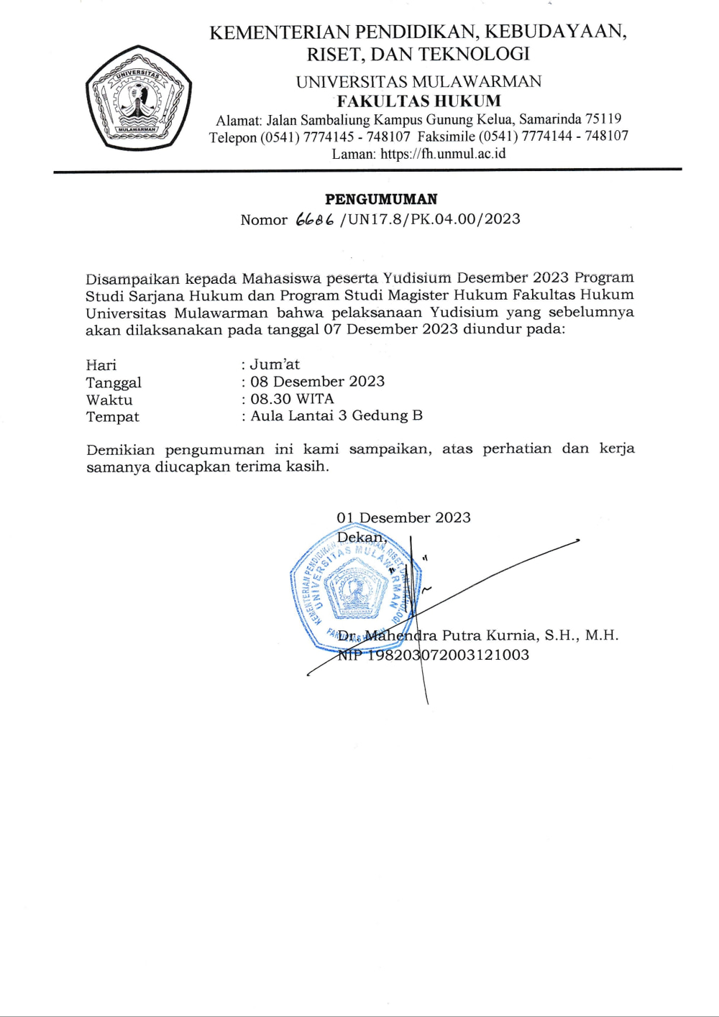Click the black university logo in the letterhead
coord(139,98)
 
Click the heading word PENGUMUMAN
coord(381,199)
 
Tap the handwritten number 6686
coord(314,220)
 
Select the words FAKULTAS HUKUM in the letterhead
coord(418,101)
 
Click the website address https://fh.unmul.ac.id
coord(443,154)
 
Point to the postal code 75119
coord(603,119)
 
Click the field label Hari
coord(101,365)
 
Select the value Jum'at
coord(275,364)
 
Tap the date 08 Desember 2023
coord(317,382)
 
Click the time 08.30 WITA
coord(292,399)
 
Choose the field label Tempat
coord(113,417)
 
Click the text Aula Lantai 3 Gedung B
coord(336,415)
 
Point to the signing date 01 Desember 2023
coord(403,517)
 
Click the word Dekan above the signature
coord(361,537)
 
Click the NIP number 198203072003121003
coord(448,655)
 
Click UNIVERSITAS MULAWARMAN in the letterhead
coord(418,81)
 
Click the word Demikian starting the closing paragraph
coord(120,450)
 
